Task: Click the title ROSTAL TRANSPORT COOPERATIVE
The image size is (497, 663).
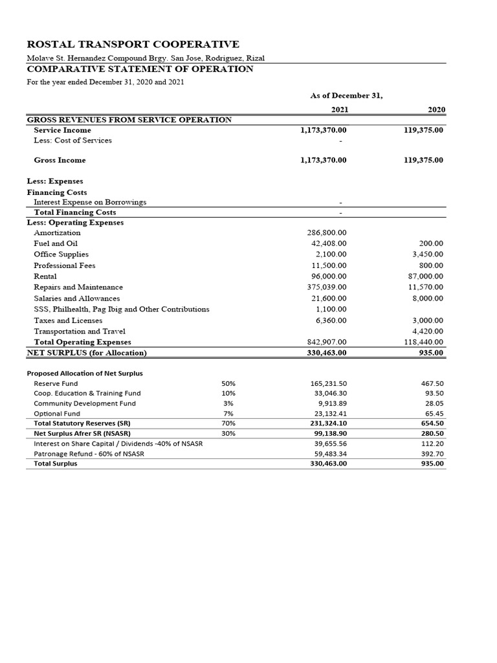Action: [133, 44]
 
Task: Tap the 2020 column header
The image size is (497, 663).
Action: [436, 109]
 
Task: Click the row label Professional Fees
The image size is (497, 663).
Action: [64, 265]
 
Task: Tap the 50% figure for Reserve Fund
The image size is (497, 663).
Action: [228, 383]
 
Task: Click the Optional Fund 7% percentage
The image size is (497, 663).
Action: [228, 413]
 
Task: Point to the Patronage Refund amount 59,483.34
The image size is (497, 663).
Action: [328, 454]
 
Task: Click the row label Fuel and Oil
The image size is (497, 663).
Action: [56, 243]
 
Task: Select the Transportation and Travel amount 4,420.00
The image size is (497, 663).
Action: [427, 331]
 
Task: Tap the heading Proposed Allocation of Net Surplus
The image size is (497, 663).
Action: [85, 373]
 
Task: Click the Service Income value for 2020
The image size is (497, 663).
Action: [423, 130]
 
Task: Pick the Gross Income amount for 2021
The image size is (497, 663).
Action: [324, 160]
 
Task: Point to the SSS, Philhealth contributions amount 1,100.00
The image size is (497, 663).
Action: [331, 309]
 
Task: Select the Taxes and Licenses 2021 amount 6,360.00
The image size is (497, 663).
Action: [331, 320]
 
